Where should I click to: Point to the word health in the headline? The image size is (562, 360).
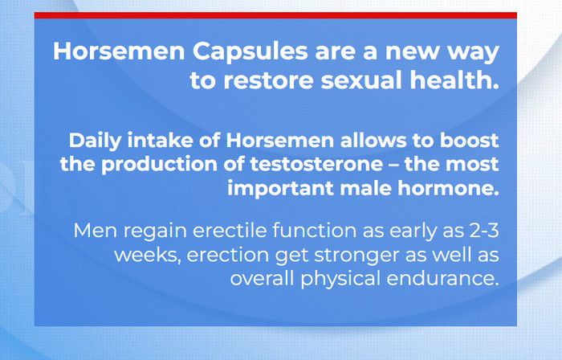(454, 80)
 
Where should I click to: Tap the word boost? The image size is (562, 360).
(469, 140)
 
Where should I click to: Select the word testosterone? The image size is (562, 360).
(316, 164)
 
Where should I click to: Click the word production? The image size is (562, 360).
(159, 165)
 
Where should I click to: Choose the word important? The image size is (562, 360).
(280, 189)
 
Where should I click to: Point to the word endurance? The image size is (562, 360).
(442, 279)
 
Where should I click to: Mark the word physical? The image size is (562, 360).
(340, 280)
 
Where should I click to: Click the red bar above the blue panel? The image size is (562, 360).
(275, 15)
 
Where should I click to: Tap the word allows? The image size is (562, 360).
(373, 140)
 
